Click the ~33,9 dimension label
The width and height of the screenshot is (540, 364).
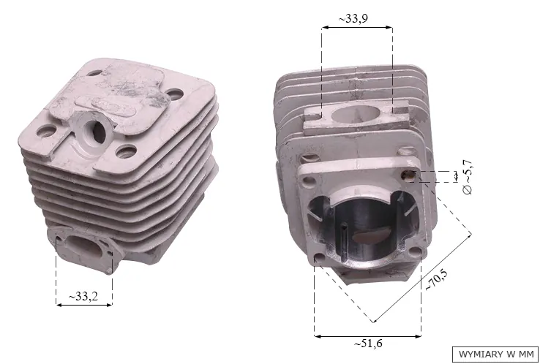[x=353, y=18]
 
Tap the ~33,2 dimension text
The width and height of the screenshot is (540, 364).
[x=83, y=295]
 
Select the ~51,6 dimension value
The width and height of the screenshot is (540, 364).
[x=368, y=344]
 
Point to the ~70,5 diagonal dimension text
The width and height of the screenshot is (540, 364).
[x=436, y=280]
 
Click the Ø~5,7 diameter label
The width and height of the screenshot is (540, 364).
[x=468, y=178]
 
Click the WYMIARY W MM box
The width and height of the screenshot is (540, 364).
[x=495, y=354]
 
